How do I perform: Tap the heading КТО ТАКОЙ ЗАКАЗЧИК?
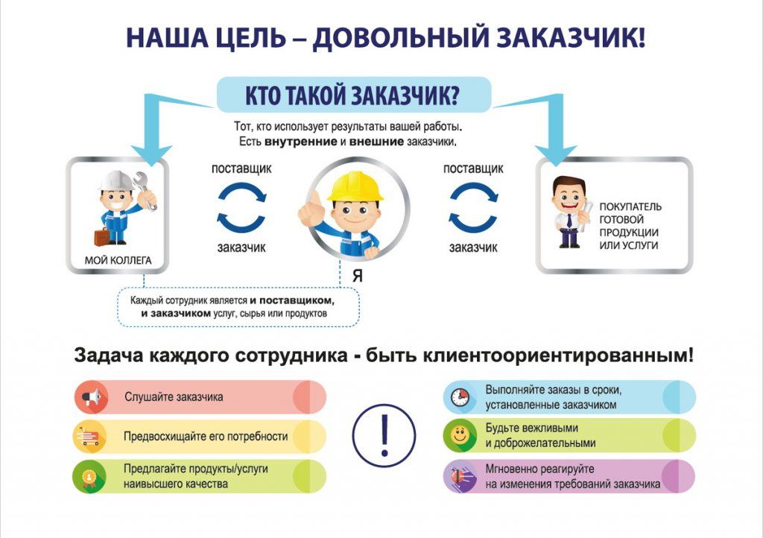click(x=352, y=95)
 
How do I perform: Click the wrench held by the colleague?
click(x=146, y=189)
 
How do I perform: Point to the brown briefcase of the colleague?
click(x=101, y=237)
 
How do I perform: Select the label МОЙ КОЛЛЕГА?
click(x=118, y=261)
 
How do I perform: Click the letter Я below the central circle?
click(x=358, y=276)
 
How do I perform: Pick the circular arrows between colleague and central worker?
click(x=241, y=206)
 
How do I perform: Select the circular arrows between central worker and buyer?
click(x=472, y=206)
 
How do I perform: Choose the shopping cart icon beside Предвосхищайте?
click(x=90, y=437)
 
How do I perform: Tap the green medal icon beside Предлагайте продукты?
click(x=90, y=476)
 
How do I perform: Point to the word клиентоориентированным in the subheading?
click(x=557, y=355)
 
